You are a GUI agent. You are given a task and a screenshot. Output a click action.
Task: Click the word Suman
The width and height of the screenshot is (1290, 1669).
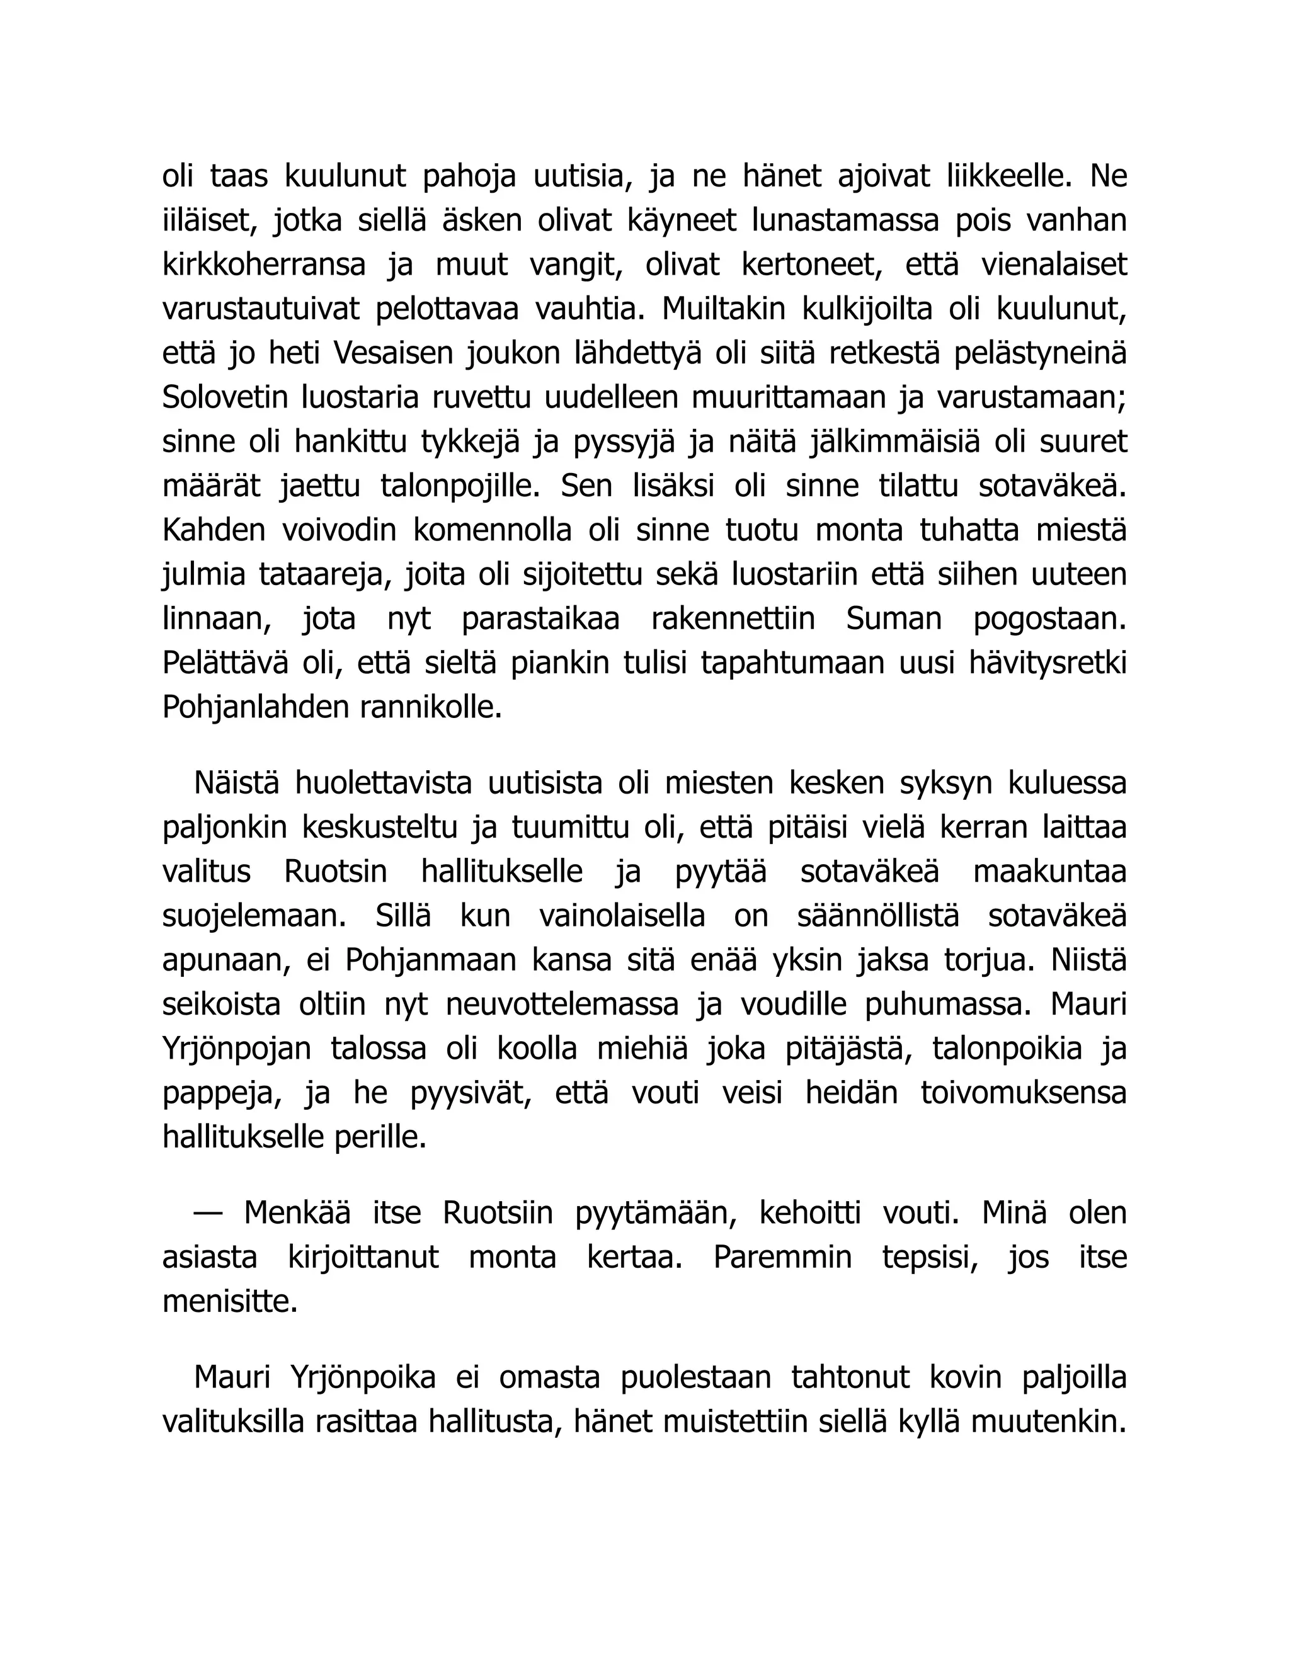tap(893, 620)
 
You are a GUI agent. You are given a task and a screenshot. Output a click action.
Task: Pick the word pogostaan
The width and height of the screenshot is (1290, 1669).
tap(1049, 620)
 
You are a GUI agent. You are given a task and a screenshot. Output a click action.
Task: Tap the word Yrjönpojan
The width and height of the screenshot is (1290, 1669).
tap(237, 1049)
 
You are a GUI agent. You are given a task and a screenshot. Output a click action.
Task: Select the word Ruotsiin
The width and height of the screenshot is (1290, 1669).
tap(498, 1214)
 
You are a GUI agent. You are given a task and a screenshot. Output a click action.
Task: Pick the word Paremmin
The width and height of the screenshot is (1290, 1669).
tap(782, 1258)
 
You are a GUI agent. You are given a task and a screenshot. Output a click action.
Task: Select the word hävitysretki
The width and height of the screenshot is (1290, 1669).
tap(1047, 664)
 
